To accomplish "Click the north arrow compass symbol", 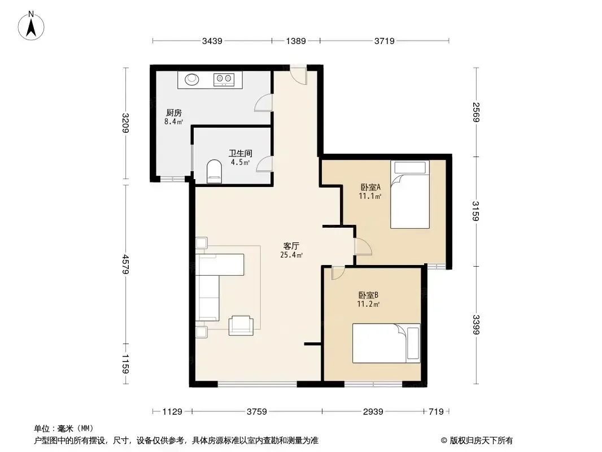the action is (x=31, y=26).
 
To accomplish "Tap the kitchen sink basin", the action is (x=192, y=80).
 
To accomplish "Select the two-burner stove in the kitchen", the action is (x=224, y=80).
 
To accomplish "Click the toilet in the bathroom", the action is (x=214, y=172).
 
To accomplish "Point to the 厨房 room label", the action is (x=173, y=112).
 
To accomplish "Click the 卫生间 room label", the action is (x=241, y=153).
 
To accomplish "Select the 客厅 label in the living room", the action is (x=291, y=246).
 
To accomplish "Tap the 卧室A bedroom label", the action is (x=370, y=188).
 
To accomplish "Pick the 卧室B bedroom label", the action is (x=368, y=295).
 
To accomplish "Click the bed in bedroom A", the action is (x=409, y=194).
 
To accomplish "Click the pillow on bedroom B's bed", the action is (x=413, y=344).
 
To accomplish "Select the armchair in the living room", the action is (x=241, y=325).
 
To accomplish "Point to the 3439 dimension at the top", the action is (x=212, y=41).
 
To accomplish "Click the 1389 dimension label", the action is (x=295, y=41).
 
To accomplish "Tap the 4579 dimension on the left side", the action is (x=125, y=264).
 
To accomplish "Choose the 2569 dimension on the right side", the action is (x=476, y=112).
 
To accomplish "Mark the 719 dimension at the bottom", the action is (x=436, y=412).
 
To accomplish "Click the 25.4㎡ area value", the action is (x=291, y=255).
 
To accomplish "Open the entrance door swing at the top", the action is (x=298, y=76).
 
